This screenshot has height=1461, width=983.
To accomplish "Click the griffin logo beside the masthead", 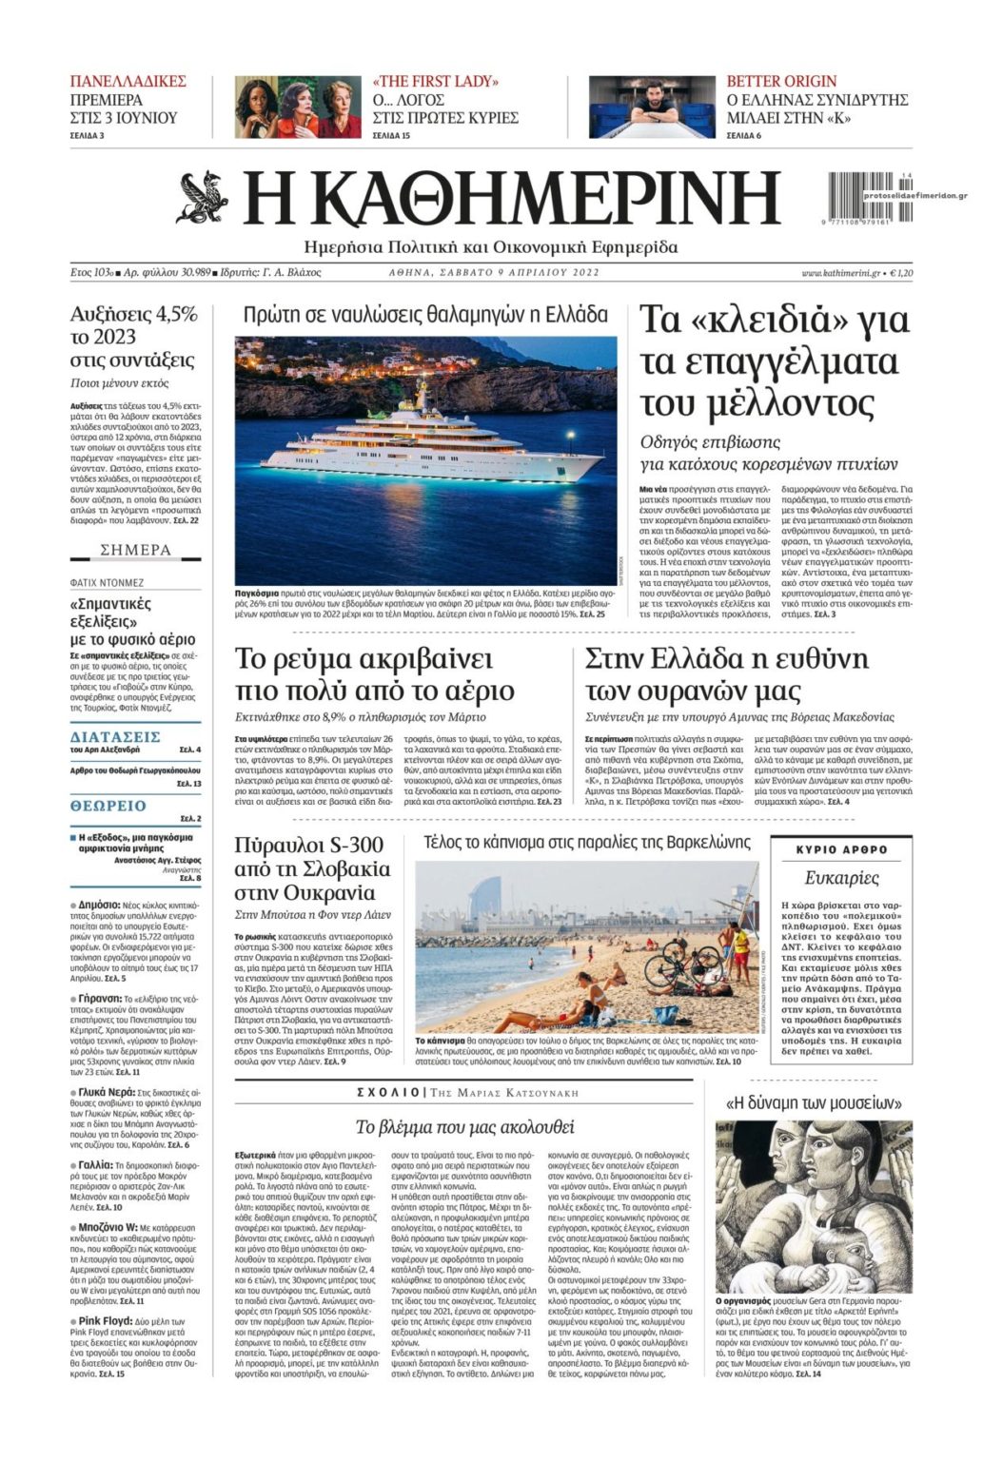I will [203, 198].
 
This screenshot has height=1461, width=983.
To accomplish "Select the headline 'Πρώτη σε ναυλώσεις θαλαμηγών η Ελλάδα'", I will [425, 316].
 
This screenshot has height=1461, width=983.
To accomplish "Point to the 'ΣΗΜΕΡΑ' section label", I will [136, 550].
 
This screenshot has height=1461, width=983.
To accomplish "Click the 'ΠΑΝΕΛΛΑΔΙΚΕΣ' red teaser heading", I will [128, 82].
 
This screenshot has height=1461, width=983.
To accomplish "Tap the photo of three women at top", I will [298, 107].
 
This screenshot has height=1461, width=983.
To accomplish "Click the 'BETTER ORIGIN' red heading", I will [781, 82].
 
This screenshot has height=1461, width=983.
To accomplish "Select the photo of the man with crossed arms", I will [652, 107].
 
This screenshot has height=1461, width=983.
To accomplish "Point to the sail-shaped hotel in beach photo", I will [485, 898].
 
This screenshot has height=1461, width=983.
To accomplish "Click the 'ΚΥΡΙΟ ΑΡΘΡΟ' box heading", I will [841, 849].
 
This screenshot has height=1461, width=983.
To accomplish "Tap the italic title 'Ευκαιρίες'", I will [841, 878].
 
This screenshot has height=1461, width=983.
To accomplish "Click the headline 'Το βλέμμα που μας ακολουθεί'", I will [464, 1127].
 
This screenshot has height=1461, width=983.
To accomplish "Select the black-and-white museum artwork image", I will [813, 1204].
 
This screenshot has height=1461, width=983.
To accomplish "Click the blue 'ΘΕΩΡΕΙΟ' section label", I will [108, 807].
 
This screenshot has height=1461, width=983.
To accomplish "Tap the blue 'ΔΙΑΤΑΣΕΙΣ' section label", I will [115, 737].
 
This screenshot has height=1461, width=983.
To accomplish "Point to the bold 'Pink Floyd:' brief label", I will [105, 1322].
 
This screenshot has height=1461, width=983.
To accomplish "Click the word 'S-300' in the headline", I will [349, 846].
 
